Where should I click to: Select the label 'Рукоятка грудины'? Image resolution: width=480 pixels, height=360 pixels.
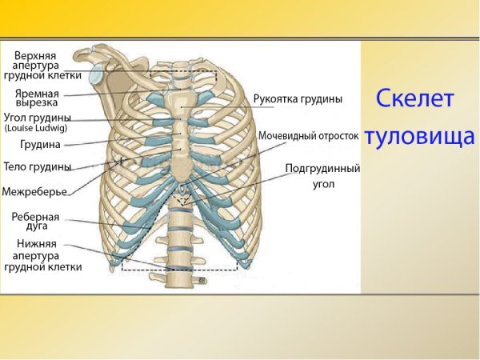[298, 99]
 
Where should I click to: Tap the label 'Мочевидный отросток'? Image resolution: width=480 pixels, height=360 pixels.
[308, 136]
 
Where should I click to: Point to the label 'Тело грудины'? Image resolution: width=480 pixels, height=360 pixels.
[38, 167]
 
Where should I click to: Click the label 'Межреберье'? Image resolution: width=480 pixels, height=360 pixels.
[34, 192]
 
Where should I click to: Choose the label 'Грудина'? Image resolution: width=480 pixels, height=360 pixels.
[39, 146]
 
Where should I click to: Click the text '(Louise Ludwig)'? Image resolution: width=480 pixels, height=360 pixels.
[36, 128]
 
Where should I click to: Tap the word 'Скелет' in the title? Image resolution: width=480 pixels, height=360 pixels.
[415, 99]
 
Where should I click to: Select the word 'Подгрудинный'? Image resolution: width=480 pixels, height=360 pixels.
[323, 170]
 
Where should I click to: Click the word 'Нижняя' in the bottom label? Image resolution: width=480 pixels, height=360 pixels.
[36, 243]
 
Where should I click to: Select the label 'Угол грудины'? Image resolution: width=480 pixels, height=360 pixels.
[37, 117]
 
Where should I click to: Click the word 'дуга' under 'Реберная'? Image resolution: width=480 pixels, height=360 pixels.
[35, 226]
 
